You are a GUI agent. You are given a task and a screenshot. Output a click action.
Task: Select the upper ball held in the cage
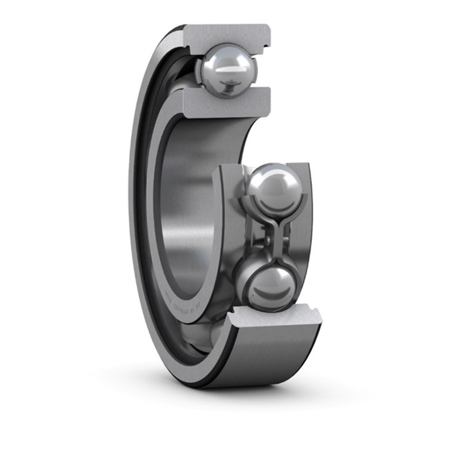[274, 190]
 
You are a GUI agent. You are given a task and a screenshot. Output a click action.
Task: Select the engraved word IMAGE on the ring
[168, 296]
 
